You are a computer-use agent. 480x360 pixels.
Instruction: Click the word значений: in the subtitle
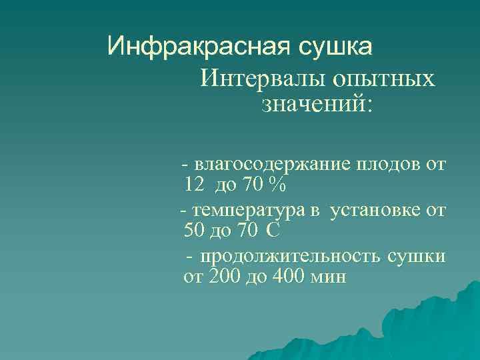(315, 104)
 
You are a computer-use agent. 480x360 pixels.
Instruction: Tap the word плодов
(389, 164)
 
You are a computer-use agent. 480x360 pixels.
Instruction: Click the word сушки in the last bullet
(421, 257)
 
